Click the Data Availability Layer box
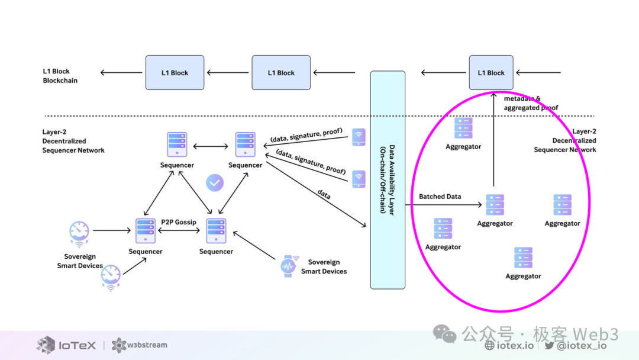388,180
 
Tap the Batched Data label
440,197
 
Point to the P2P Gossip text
179,222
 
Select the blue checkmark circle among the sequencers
215,183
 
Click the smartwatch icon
289,266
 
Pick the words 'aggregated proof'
531,108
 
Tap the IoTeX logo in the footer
66,345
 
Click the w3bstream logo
140,345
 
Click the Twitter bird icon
549,346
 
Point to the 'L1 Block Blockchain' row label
60,76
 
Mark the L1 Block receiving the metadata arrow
491,73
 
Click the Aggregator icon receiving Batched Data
495,205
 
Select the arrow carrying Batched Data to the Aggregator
444,205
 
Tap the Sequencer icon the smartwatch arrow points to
216,231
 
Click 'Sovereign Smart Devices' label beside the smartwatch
324,266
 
